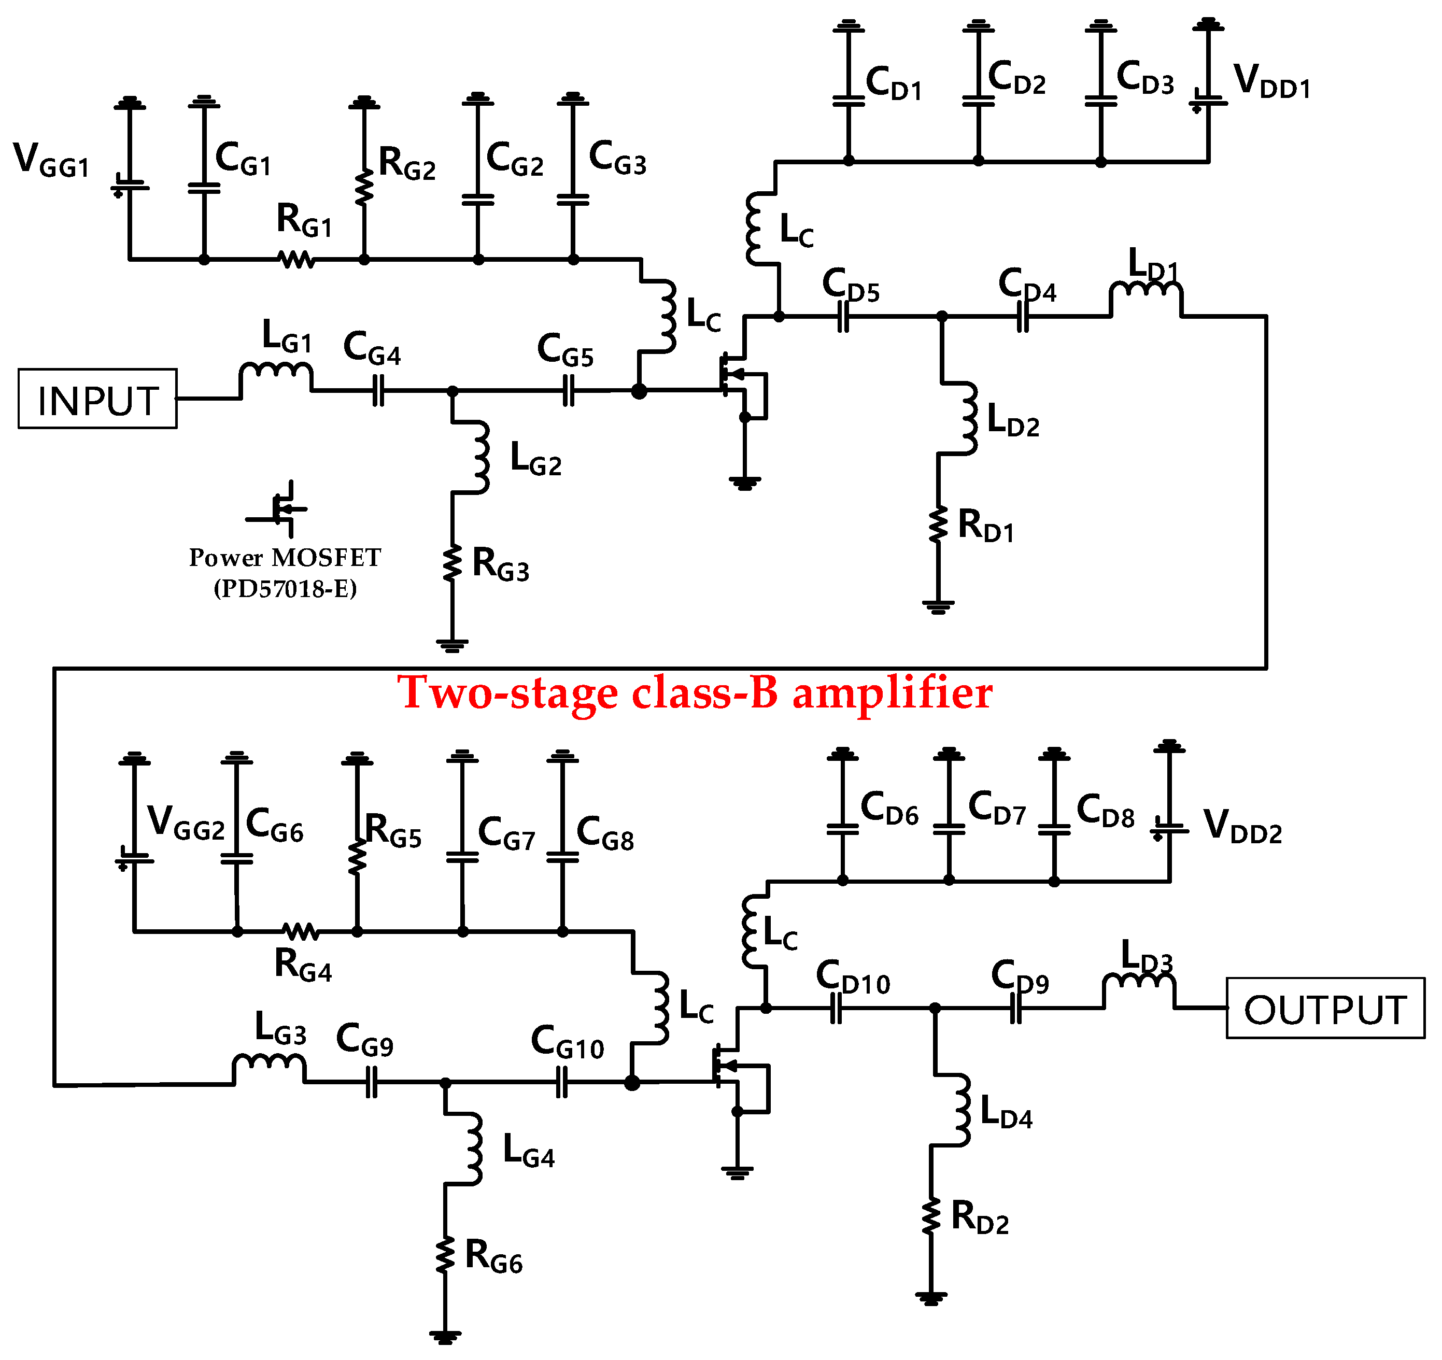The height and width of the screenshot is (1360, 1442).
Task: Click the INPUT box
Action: (97, 399)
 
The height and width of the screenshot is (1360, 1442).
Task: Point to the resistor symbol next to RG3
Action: (452, 563)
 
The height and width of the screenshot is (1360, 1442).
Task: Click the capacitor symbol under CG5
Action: (568, 392)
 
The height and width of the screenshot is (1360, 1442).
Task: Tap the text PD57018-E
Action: (285, 588)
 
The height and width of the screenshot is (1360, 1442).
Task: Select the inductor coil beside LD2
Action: (968, 418)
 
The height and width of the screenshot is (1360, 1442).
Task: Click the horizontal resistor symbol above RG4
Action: (300, 931)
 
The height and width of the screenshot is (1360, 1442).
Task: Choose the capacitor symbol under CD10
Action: (836, 1008)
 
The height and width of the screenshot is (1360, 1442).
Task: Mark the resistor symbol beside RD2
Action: (930, 1216)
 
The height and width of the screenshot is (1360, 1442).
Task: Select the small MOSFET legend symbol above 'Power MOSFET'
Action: (278, 508)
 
